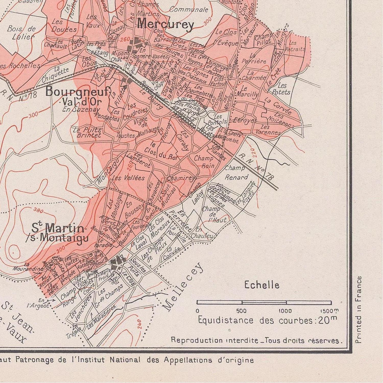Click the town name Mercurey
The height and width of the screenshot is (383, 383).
tap(165, 25)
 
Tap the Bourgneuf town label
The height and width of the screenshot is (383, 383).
tap(78, 91)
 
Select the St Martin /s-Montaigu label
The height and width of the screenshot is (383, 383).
tap(58, 232)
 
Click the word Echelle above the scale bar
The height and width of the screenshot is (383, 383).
tap(262, 285)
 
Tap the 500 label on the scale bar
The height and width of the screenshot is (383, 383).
tap(241, 311)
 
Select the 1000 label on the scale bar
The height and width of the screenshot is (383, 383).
tap(285, 311)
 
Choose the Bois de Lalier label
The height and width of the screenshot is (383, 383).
tap(21, 33)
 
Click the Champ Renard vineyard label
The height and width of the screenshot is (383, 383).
tap(236, 173)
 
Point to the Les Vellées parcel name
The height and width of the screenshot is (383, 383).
tap(128, 178)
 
